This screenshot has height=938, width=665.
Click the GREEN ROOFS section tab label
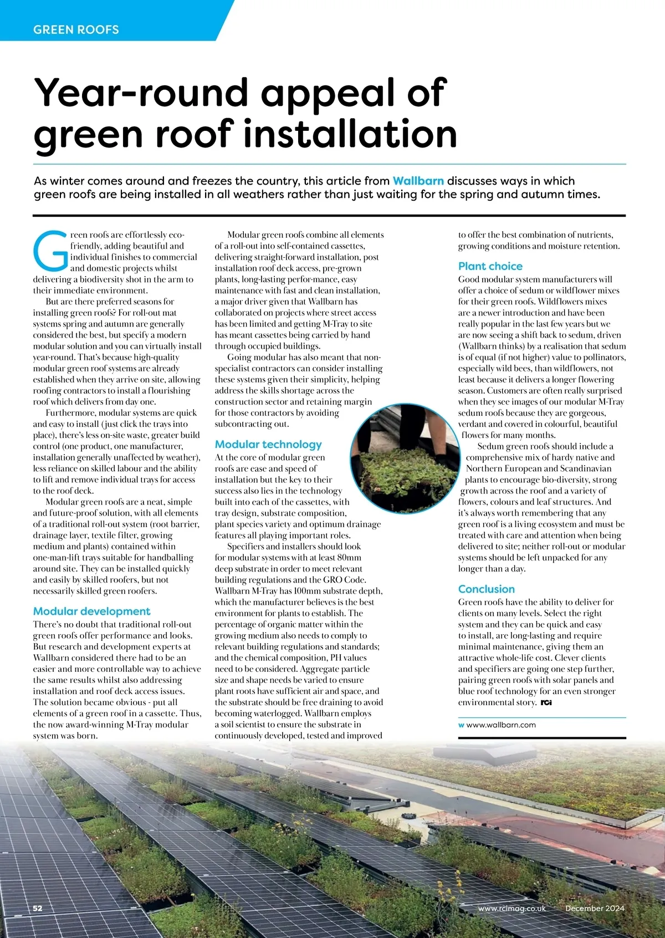coord(76,29)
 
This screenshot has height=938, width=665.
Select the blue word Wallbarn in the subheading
coord(418,181)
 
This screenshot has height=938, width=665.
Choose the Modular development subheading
coord(91,611)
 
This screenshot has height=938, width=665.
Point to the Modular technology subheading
coord(268,444)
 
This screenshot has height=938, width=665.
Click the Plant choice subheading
coord(490,266)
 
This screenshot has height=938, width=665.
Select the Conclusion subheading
coord(486,589)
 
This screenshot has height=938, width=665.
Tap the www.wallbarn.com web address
coord(501,725)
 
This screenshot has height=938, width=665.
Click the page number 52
coord(38,908)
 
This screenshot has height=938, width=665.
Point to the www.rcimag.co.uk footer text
coord(511,908)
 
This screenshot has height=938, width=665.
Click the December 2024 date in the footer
coord(595,908)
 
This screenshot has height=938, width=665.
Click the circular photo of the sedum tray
coord(405,457)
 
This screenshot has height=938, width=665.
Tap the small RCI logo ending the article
coord(546,702)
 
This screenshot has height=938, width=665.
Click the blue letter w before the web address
coord(461,725)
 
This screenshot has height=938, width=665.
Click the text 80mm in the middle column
coord(349,558)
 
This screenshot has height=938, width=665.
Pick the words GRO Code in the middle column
coord(344,580)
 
